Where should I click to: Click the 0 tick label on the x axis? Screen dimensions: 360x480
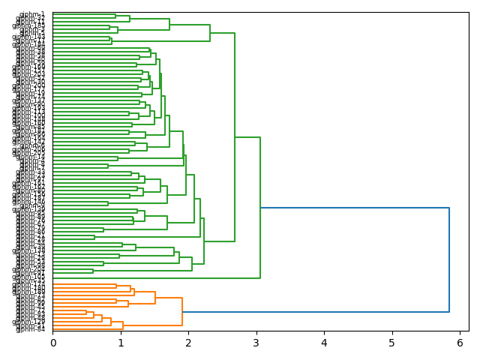coord(52,343)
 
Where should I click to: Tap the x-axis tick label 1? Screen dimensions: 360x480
coord(121,343)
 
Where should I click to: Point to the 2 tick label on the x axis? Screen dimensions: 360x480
coord(188,343)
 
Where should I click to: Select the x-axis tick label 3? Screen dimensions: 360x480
coord(256,343)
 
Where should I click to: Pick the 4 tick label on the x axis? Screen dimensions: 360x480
coord(324,343)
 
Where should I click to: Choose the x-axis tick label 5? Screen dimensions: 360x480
coord(392,343)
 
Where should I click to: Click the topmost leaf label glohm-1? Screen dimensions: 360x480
coord(32,14)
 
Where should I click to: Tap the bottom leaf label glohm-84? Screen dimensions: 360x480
coord(31,328)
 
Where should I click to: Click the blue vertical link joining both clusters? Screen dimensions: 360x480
coord(449,259)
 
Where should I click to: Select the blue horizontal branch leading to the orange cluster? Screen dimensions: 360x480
coord(315,312)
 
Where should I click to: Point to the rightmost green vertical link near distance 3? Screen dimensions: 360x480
coord(260,208)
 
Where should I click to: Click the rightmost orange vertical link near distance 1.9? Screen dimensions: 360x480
coord(182,312)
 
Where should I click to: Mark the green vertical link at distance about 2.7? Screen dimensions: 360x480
coord(235,137)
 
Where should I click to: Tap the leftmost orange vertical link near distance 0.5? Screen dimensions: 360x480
coord(86,312)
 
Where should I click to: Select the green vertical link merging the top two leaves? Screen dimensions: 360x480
coord(115,16)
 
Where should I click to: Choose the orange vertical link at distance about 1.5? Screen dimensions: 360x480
coord(155,298)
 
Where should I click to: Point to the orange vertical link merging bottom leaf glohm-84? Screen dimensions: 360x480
coord(123,325)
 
